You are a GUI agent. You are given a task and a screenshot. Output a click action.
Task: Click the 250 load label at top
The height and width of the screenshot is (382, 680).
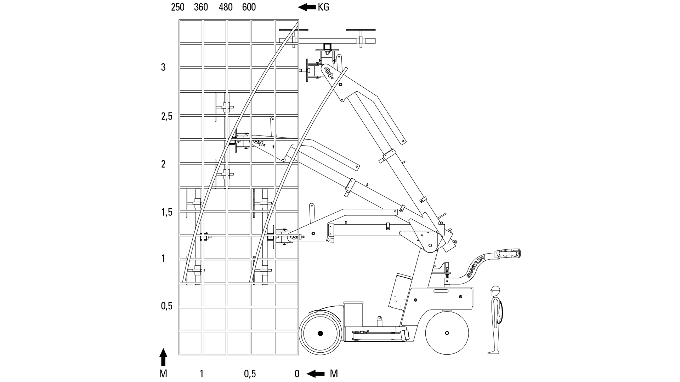(177, 7)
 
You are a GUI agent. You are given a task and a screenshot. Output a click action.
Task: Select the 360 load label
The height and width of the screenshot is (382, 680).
(201, 7)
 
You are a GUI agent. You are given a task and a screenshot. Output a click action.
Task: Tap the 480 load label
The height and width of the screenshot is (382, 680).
(226, 7)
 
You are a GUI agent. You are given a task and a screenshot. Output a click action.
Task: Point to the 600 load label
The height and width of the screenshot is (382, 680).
(249, 7)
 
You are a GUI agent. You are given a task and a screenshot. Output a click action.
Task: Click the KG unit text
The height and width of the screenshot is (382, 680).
(323, 7)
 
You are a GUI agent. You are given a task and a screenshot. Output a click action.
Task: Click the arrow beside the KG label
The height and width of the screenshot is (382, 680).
(307, 7)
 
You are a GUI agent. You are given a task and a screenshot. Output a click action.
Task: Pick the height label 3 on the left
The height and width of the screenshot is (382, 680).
(163, 67)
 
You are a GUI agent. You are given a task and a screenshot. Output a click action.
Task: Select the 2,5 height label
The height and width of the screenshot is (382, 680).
(167, 116)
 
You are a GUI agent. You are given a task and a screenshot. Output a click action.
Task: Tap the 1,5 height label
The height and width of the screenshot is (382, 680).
(167, 212)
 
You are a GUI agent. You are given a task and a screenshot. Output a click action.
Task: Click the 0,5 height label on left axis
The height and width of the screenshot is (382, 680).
(167, 306)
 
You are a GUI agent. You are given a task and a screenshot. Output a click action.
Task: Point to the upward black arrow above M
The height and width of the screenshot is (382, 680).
(163, 357)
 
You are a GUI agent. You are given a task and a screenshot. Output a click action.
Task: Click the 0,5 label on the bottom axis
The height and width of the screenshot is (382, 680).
(250, 374)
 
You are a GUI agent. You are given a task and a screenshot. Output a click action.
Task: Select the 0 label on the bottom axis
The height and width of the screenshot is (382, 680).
(297, 374)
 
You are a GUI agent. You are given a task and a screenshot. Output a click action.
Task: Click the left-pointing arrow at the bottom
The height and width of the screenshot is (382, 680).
(316, 374)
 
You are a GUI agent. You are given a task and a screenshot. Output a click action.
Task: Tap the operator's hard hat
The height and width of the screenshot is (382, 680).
(495, 289)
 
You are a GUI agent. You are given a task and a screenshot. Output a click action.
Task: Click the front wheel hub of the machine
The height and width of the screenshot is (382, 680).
(321, 333)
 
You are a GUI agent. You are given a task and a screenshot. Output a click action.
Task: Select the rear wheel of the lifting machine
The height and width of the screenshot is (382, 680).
(447, 333)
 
